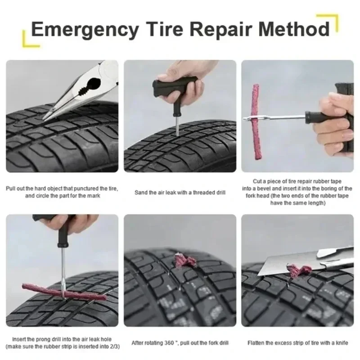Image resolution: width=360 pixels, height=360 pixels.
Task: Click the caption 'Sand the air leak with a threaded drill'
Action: [180, 193]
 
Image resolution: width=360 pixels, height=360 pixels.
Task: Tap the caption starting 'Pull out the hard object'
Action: [62, 192]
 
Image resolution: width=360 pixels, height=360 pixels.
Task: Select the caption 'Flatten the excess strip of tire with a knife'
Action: [297, 343]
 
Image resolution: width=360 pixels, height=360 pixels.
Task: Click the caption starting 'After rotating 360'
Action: [180, 343]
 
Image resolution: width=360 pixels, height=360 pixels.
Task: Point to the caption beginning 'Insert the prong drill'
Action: [62, 343]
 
